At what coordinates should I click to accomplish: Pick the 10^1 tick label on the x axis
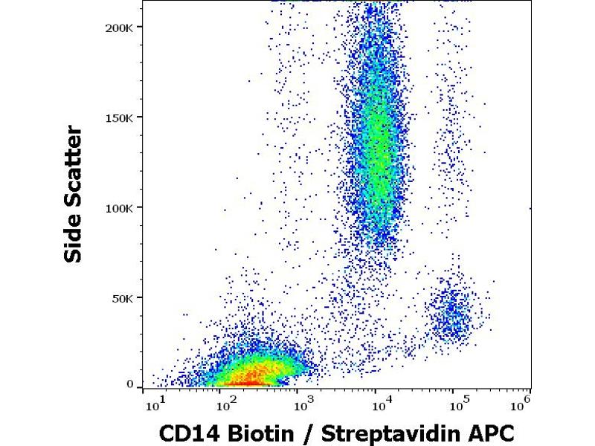tap(154, 405)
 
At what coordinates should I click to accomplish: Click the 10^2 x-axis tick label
tap(225, 405)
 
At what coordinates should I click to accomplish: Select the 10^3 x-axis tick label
tap(301, 405)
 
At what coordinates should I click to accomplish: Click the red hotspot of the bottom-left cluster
tap(249, 381)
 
